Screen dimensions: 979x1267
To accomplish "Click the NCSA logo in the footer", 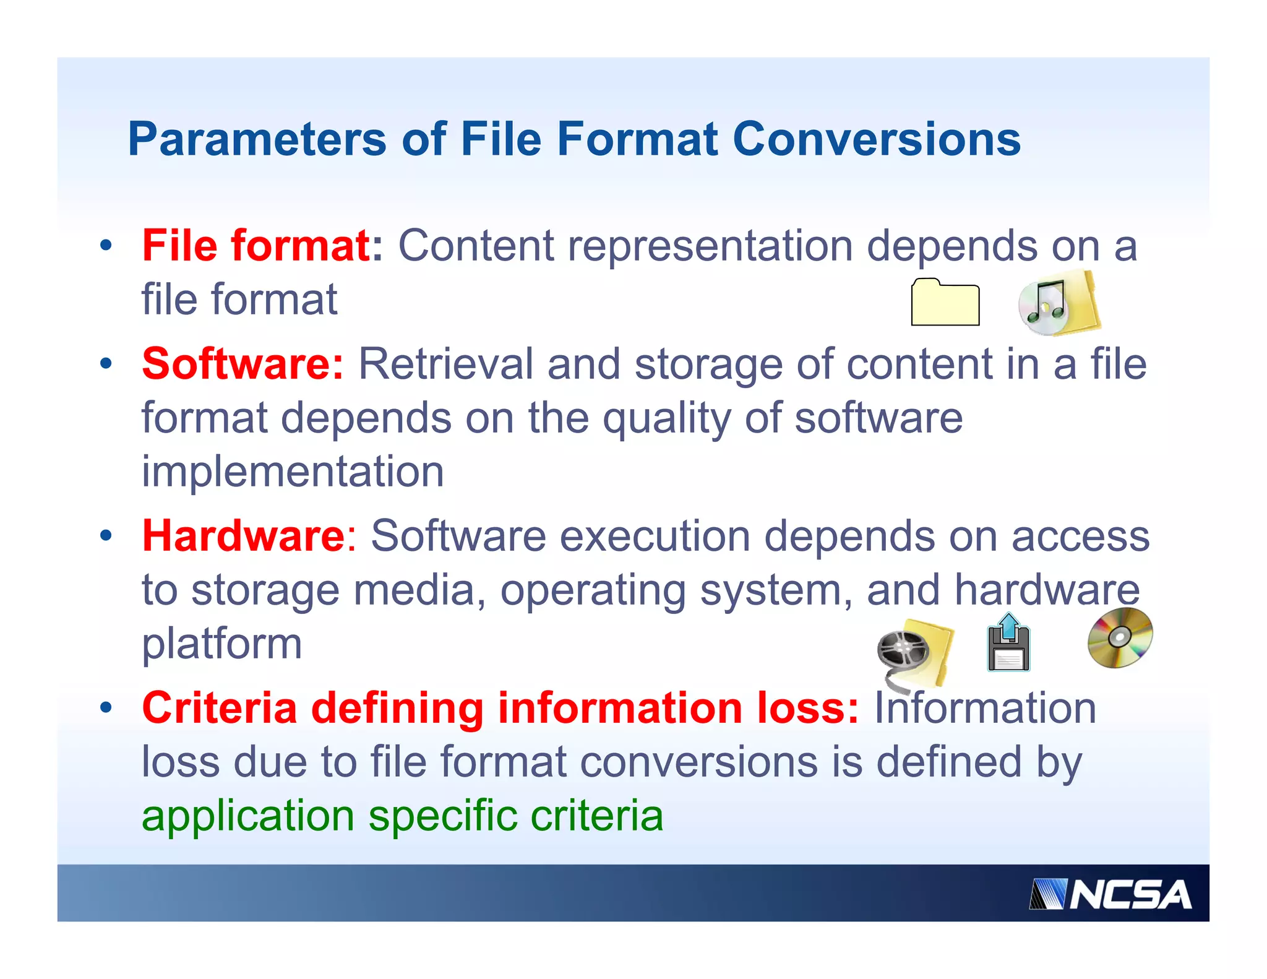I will (1110, 894).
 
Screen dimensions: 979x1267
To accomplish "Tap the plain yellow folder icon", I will (945, 303).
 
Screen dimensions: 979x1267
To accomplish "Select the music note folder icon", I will (1059, 304).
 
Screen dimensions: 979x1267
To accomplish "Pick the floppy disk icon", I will (1008, 644).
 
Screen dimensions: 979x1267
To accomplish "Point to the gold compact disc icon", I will (1120, 637).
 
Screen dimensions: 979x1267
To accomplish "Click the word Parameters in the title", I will (257, 140).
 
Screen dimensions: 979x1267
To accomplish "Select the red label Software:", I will (243, 364).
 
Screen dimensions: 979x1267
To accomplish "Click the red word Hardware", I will (243, 536).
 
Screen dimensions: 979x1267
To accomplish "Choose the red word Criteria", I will (220, 708).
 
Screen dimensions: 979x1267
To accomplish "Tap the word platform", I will (221, 645).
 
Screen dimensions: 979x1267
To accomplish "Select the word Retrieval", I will (445, 364).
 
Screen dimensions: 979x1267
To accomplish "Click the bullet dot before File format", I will (106, 246).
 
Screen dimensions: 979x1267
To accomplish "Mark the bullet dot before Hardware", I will (106, 536).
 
